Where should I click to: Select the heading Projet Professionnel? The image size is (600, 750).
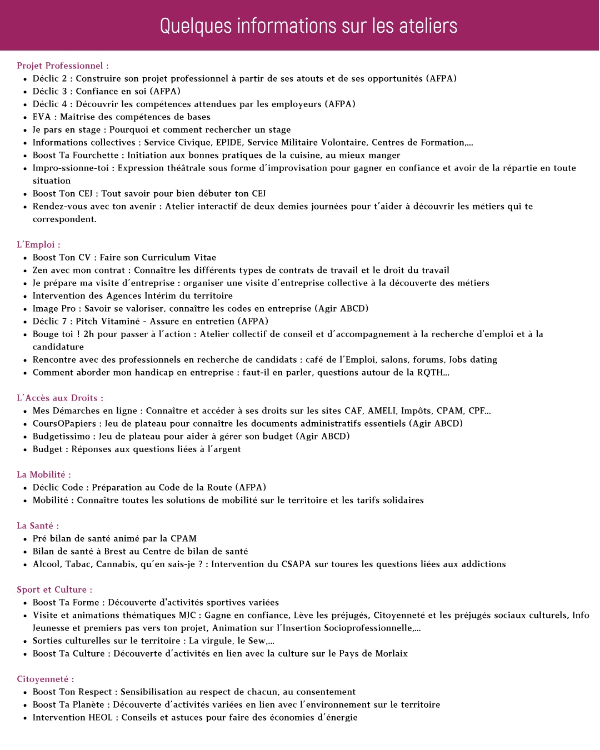pyautogui.click(x=62, y=66)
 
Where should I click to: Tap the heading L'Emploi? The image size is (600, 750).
pyautogui.click(x=38, y=244)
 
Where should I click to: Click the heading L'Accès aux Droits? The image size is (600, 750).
pyautogui.click(x=59, y=398)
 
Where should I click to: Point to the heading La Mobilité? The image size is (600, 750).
pyautogui.click(x=43, y=474)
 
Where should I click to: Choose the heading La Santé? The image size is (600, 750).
pyautogui.click(x=37, y=526)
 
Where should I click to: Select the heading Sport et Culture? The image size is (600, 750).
pyautogui.click(x=54, y=589)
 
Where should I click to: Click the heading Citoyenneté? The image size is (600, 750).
pyautogui.click(x=45, y=679)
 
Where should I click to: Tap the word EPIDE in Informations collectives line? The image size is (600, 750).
pyautogui.click(x=228, y=142)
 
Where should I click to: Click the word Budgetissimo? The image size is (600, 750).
pyautogui.click(x=61, y=436)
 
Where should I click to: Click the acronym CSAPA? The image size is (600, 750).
pyautogui.click(x=296, y=564)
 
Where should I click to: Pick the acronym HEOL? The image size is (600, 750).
pyautogui.click(x=101, y=717)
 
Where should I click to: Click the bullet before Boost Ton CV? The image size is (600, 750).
pyautogui.click(x=25, y=258)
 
